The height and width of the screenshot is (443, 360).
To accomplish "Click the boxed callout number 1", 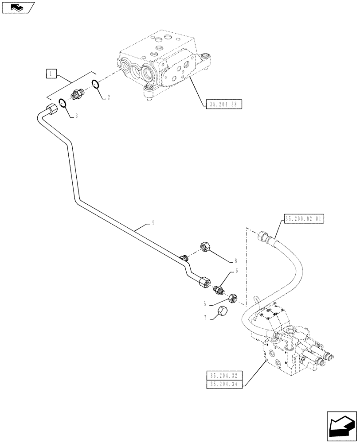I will (x=51, y=74).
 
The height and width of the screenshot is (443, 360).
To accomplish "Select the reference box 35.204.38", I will (x=224, y=105).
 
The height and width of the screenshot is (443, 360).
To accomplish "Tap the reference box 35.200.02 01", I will (x=304, y=218).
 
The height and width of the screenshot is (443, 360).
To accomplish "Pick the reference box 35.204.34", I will (x=223, y=384).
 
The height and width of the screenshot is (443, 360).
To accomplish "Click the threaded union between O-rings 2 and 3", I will (x=79, y=94).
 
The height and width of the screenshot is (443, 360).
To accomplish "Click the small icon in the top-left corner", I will (x=18, y=7).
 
